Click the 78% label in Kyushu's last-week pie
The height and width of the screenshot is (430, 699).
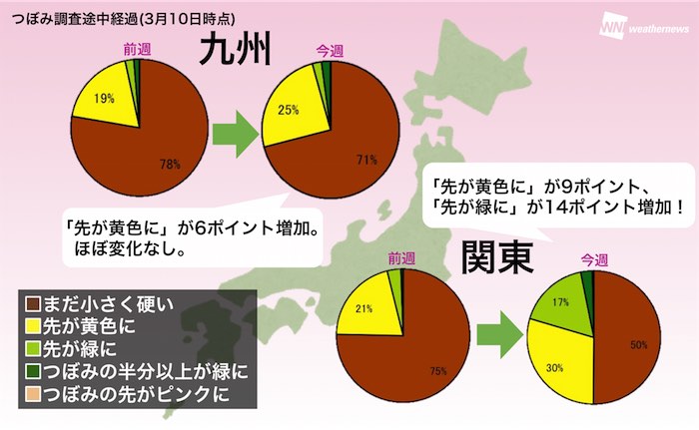pyautogui.click(x=169, y=164)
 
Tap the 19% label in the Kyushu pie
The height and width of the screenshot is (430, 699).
pyautogui.click(x=102, y=99)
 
